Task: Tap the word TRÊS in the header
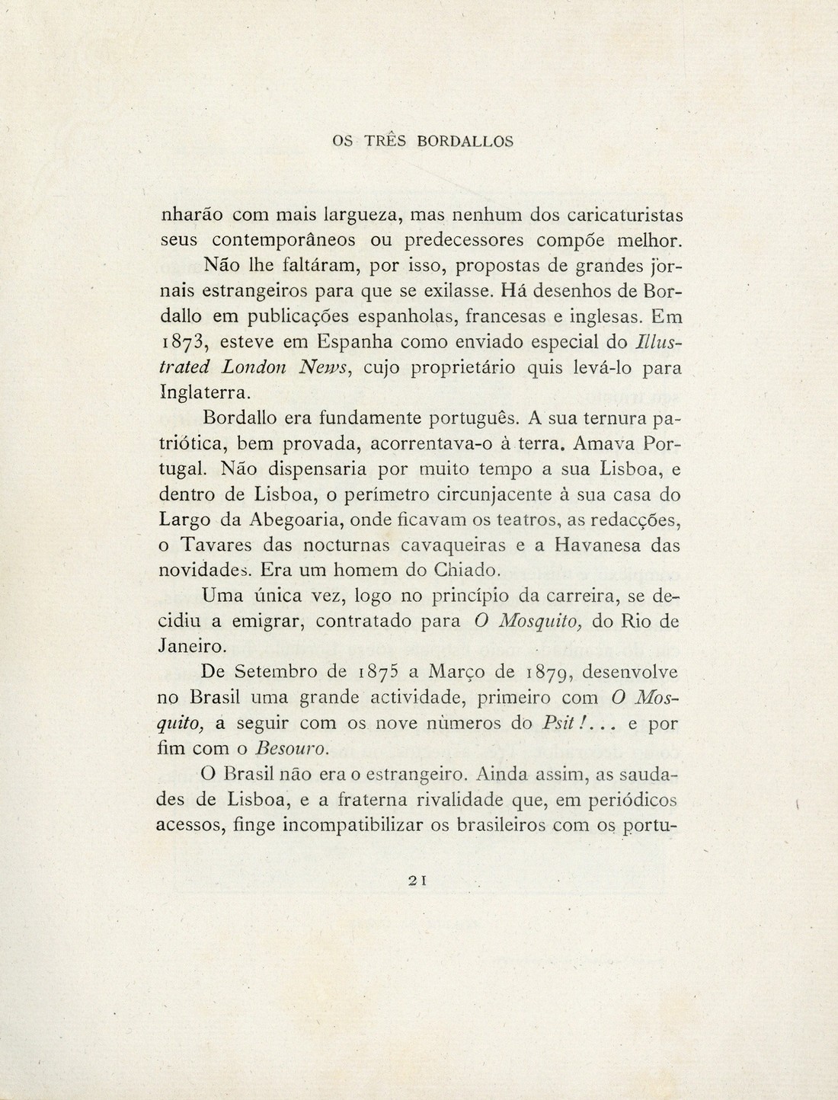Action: [385, 142]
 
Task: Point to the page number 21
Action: [420, 880]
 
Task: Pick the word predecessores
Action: [463, 240]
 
